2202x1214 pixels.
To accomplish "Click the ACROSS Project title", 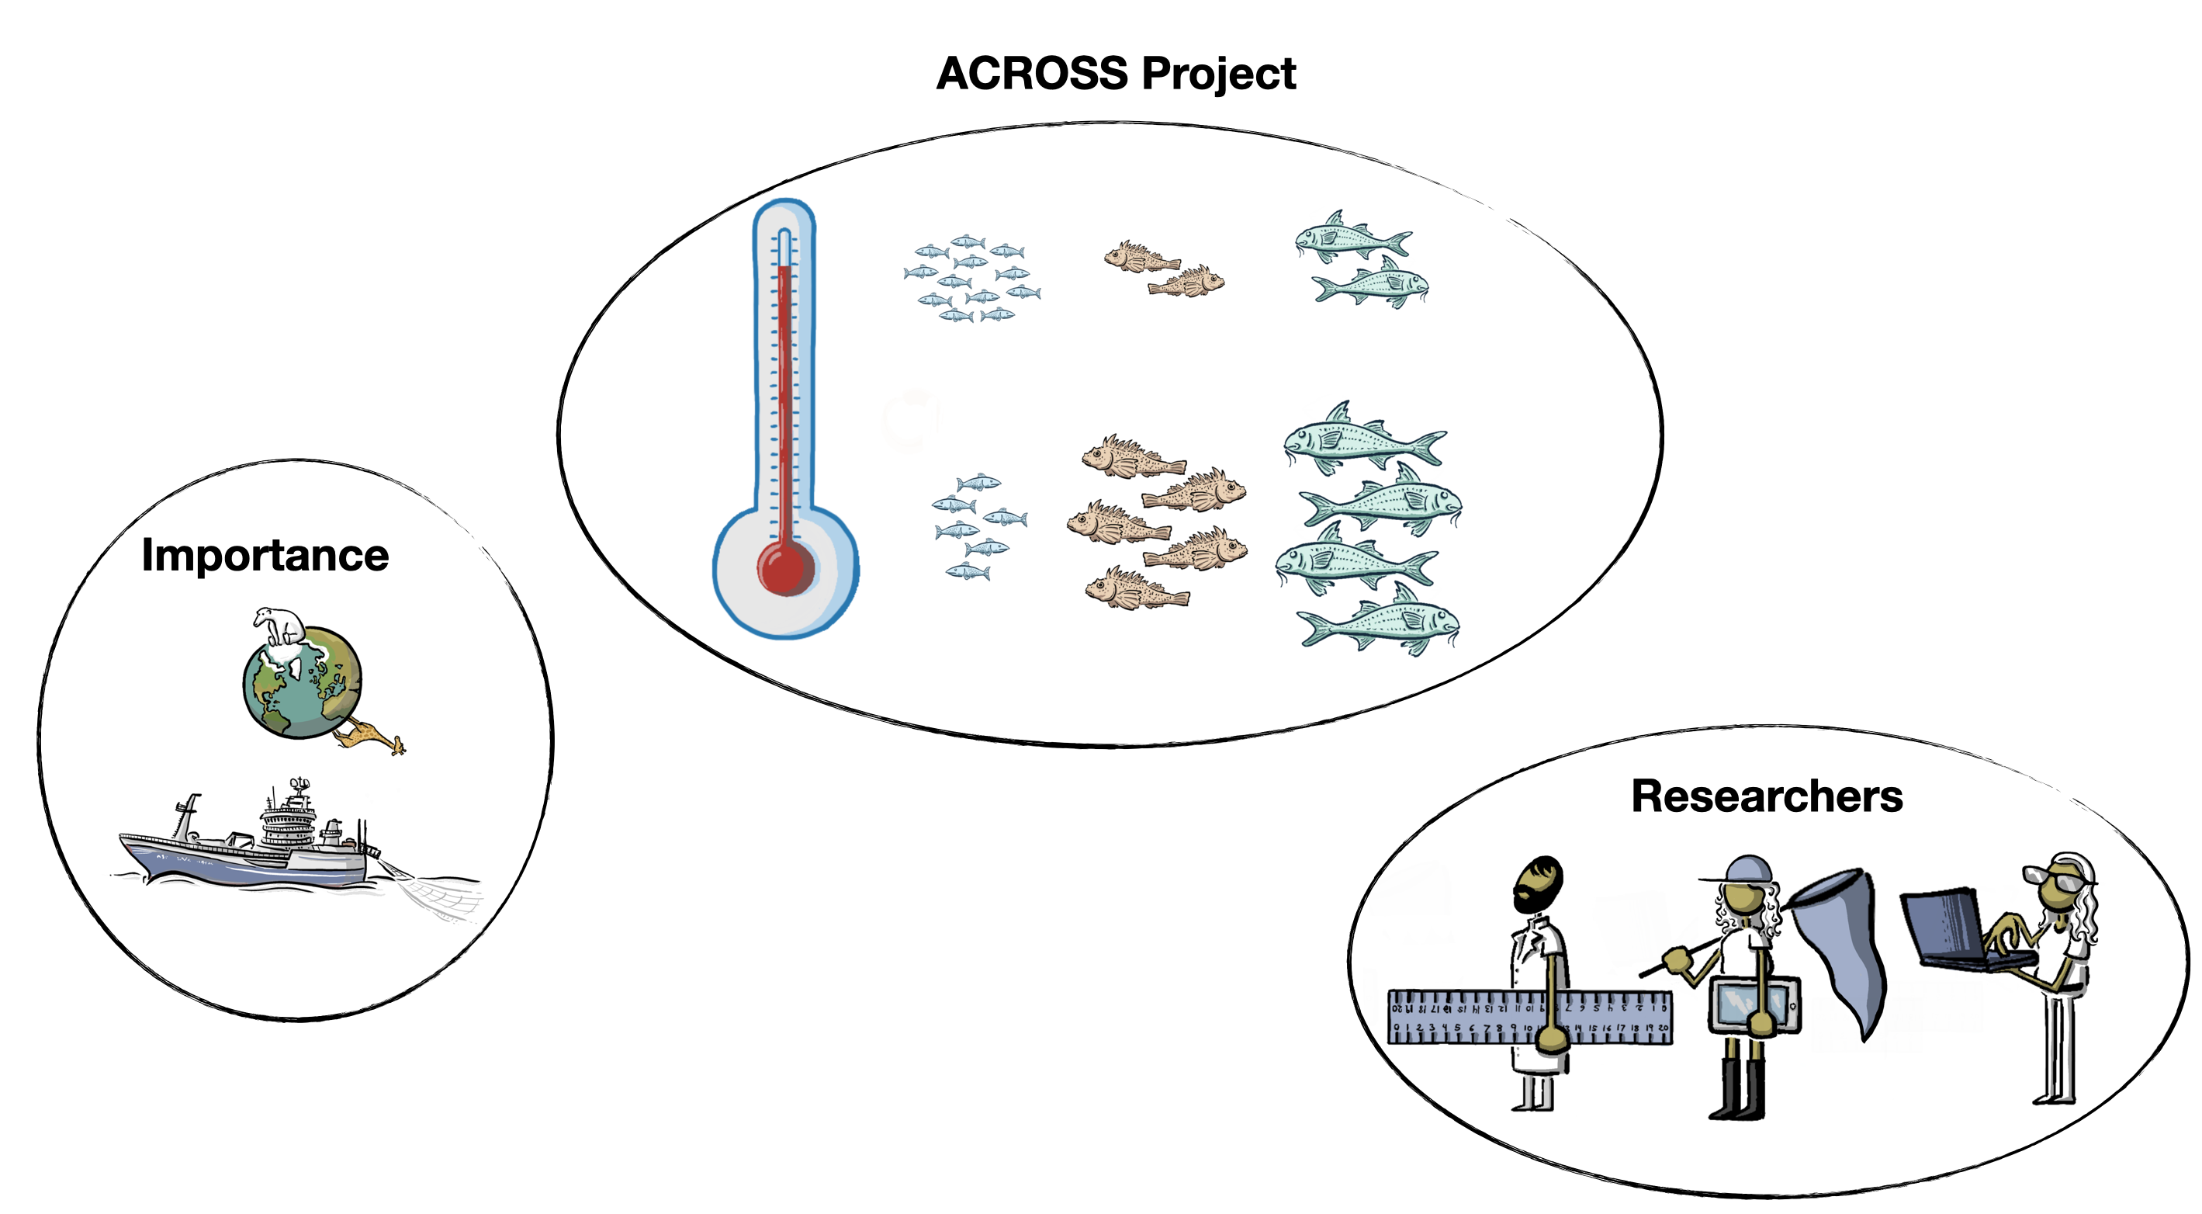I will tap(1116, 74).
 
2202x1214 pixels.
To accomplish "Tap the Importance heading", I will tap(265, 556).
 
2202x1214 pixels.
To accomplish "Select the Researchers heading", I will tap(1766, 797).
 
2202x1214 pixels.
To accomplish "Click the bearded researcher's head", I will tap(1538, 885).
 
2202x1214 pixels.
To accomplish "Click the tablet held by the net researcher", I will tap(1753, 1004).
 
